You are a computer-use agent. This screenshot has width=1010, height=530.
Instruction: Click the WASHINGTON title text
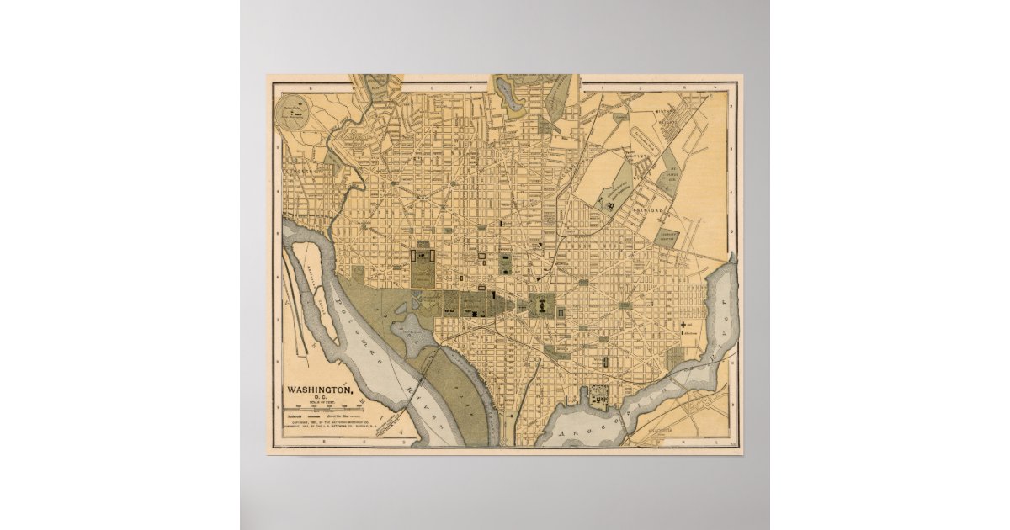pyautogui.click(x=321, y=390)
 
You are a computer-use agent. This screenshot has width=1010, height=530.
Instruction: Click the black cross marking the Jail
pyautogui.click(x=683, y=323)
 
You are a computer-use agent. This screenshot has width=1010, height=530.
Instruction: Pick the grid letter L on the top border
pyautogui.click(x=717, y=86)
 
